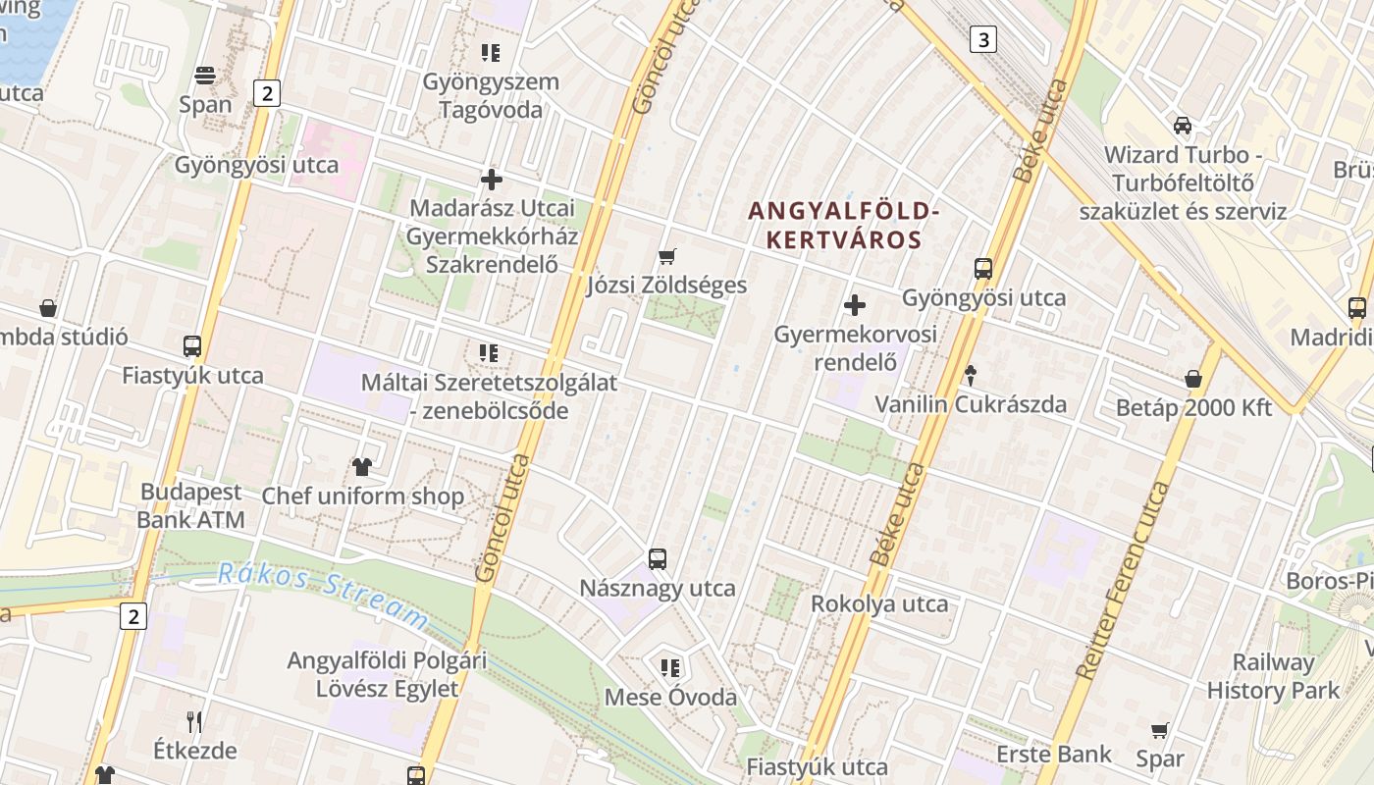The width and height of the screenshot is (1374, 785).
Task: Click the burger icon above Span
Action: [x=205, y=76]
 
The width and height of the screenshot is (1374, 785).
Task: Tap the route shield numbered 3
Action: [x=982, y=39]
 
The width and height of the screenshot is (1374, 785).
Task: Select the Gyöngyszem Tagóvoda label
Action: [x=491, y=95]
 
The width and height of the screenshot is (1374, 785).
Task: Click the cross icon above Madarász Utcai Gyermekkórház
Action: [x=492, y=180]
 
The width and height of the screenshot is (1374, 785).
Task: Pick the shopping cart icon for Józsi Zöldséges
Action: [x=667, y=257]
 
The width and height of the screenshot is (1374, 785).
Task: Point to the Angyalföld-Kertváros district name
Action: [x=844, y=225]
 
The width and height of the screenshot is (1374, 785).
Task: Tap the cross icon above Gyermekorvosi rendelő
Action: [x=855, y=305]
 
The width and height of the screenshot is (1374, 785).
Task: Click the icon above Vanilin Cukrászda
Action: [x=971, y=374]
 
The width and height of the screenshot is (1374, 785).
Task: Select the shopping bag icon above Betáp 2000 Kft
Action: [x=1193, y=379]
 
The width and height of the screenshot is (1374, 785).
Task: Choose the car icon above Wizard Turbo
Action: [x=1183, y=126]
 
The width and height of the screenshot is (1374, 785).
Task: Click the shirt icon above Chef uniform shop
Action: [x=362, y=467]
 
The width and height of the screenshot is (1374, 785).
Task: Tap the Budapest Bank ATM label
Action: [x=190, y=505]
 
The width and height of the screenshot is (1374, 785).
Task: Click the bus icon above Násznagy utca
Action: [x=658, y=559]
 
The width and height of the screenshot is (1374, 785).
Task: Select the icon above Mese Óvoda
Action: [x=670, y=668]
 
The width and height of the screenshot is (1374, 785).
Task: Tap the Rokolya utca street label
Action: [x=879, y=603]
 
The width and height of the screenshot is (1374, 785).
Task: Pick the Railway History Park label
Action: [x=1273, y=676]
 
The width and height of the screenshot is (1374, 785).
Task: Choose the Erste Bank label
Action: [x=1054, y=754]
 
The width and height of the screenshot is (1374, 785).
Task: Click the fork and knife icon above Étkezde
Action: [x=194, y=722]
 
